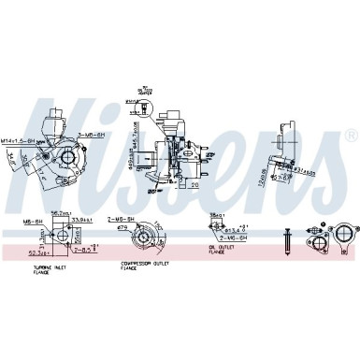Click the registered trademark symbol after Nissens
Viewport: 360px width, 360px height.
point(350,135)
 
